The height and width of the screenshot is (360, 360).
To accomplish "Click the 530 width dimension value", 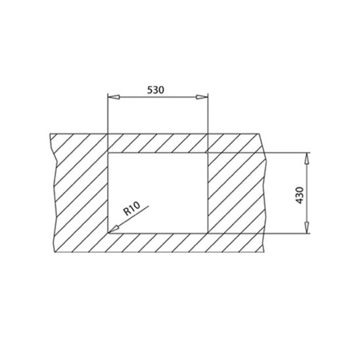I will pyautogui.click(x=157, y=88).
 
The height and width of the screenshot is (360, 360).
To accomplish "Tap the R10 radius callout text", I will pyautogui.click(x=131, y=210).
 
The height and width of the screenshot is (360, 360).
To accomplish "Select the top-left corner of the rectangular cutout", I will pyautogui.click(x=108, y=152).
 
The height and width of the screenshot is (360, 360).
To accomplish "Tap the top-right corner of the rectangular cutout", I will pyautogui.click(x=208, y=152).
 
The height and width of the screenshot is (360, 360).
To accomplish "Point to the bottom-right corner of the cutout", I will pyautogui.click(x=208, y=233).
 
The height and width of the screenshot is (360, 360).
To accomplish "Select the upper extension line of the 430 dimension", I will pyautogui.click(x=263, y=152).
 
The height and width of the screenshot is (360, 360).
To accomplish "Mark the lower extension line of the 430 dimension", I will pyautogui.click(x=263, y=233).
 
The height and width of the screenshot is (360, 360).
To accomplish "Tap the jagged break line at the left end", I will pyautogui.click(x=54, y=191).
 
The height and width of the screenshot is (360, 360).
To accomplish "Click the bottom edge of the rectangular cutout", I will pyautogui.click(x=158, y=233).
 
